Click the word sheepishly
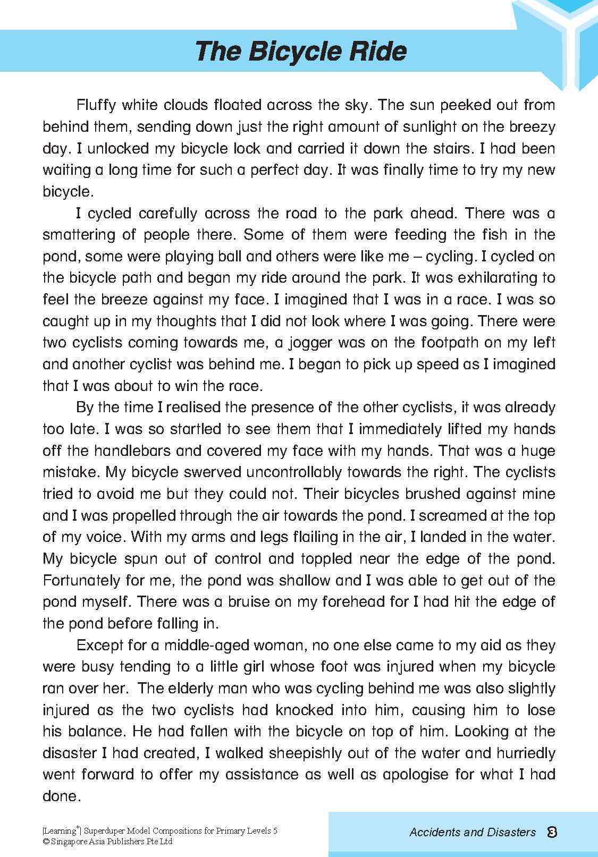303,753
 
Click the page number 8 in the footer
552,832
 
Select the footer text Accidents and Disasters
472,833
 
